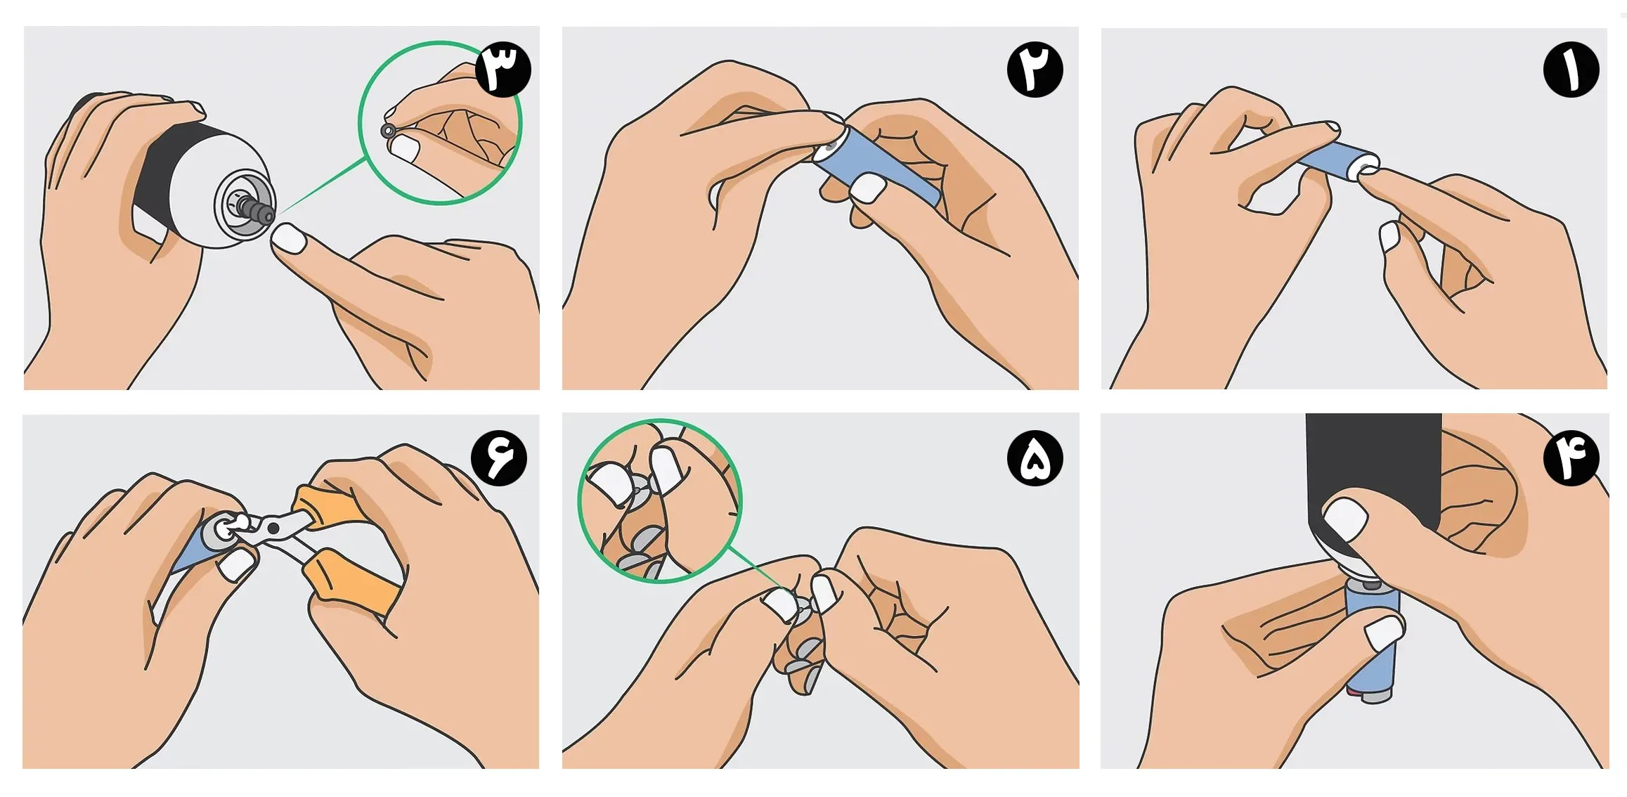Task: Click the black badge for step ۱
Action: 1571,70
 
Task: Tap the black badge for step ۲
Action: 1035,69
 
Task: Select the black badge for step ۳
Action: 503,69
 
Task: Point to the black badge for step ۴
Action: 1571,458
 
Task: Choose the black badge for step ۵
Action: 1035,458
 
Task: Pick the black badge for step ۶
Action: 499,458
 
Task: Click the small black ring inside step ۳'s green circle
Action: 387,131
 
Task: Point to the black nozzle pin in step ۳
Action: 256,209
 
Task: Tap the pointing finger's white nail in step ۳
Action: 289,238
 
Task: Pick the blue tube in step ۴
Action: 1373,640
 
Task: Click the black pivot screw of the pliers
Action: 273,528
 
